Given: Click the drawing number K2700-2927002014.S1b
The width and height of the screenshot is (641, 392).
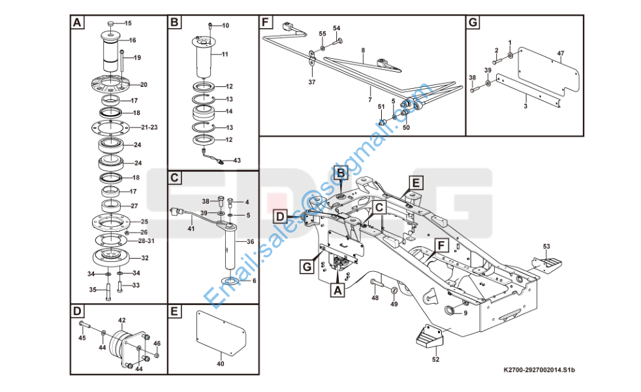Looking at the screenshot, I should [x=539, y=370].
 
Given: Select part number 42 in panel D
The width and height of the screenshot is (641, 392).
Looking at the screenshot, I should [x=121, y=320].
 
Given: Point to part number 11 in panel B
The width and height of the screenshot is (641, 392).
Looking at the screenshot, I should [x=225, y=54].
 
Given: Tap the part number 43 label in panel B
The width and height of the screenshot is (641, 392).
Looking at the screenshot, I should [x=236, y=160].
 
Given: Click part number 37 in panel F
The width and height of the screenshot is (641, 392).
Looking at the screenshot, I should [x=311, y=82].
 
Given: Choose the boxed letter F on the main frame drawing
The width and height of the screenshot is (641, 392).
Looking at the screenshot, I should [x=442, y=246].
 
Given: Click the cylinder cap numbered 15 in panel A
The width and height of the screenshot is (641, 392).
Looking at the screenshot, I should [x=111, y=24].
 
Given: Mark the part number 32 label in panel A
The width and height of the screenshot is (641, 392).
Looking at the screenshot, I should [x=145, y=258].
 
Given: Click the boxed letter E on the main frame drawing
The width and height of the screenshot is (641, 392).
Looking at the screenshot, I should [x=416, y=182].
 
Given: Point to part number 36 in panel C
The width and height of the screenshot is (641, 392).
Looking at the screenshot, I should [x=249, y=241].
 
